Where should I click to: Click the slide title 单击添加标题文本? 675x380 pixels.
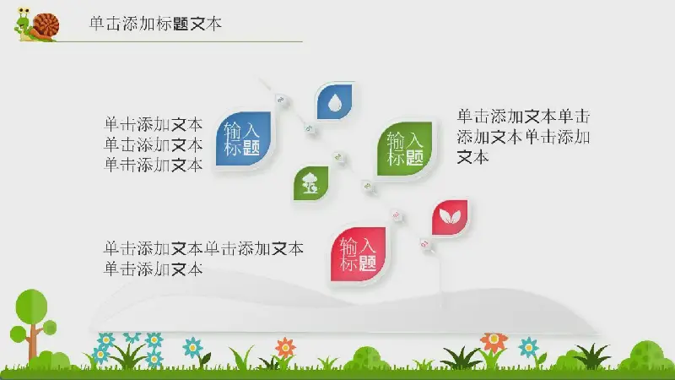click(155, 24)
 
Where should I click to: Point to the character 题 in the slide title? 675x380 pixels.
click(181, 24)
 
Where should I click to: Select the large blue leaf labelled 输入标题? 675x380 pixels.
click(243, 138)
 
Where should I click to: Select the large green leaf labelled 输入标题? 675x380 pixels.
click(405, 149)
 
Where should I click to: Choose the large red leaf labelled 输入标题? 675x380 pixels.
click(358, 254)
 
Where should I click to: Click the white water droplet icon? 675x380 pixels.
click(334, 103)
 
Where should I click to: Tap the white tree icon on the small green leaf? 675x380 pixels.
click(310, 183)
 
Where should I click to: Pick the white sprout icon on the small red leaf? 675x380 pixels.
click(450, 216)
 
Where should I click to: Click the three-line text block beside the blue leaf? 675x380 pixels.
click(154, 144)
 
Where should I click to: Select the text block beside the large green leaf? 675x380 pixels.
click(523, 137)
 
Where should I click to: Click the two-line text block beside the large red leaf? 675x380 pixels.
click(203, 258)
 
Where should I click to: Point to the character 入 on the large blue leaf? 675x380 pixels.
click(251, 130)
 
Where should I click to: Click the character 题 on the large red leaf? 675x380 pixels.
click(367, 263)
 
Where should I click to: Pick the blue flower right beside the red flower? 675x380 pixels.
click(528, 346)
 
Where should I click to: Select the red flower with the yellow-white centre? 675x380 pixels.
click(494, 339)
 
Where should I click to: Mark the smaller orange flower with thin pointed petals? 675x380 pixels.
click(285, 347)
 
